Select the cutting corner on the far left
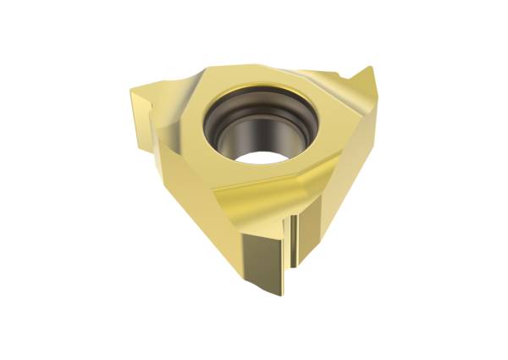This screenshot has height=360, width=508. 135,86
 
